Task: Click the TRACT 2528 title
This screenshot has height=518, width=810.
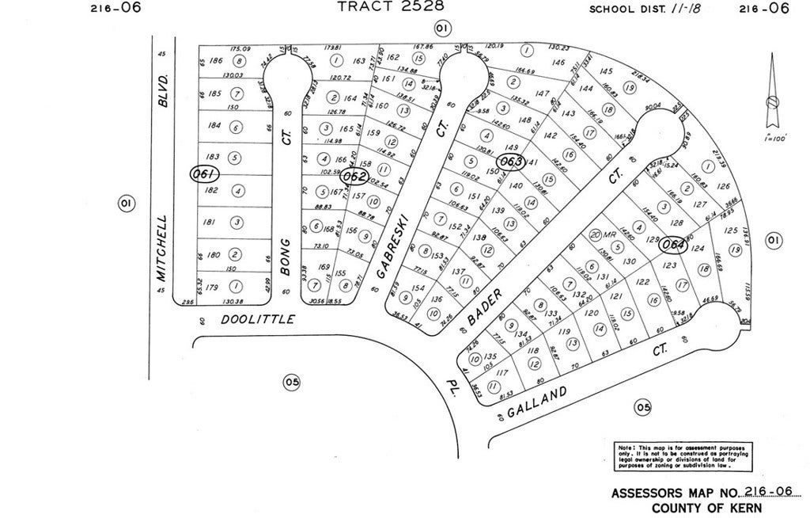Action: click(x=391, y=6)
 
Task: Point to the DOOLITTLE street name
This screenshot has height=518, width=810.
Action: click(x=258, y=319)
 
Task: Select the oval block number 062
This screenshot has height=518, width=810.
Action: click(x=356, y=176)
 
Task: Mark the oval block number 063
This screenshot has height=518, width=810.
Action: click(x=512, y=162)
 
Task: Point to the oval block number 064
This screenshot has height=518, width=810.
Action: click(x=673, y=245)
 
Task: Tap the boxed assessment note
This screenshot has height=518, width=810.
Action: click(x=684, y=457)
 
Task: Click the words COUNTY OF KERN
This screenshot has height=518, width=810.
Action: click(x=707, y=508)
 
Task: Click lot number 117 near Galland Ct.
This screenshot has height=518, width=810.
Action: click(x=500, y=372)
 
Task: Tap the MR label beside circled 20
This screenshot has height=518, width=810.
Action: click(x=609, y=234)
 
